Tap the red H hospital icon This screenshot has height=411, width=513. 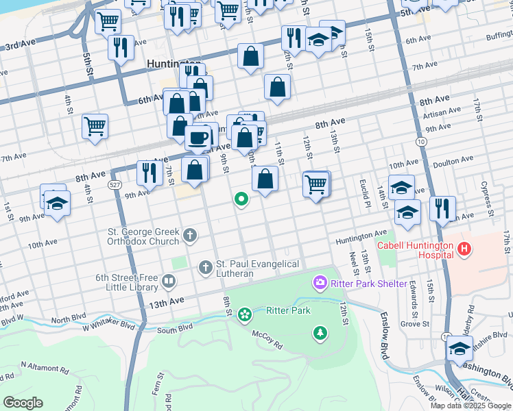[x=465, y=249]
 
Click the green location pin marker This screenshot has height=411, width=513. [x=241, y=199]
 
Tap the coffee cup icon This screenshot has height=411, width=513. [x=198, y=138]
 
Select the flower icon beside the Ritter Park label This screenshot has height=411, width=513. [x=244, y=314]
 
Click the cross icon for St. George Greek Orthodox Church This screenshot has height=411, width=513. [x=190, y=236]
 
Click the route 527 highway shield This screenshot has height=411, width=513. [x=115, y=185]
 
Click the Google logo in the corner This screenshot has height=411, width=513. [x=23, y=403]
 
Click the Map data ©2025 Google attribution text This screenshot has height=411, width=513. [x=470, y=406]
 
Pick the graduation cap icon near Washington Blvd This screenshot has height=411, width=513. [x=460, y=349]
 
